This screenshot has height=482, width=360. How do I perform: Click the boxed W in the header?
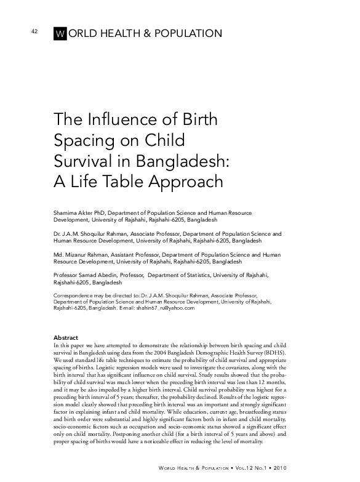click(x=60, y=34)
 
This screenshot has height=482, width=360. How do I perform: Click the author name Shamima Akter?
click(x=76, y=212)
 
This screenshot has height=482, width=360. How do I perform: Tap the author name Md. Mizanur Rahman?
click(x=82, y=254)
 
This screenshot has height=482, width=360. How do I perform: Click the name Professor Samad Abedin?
click(x=87, y=275)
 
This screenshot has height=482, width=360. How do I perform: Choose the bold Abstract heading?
click(x=66, y=338)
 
